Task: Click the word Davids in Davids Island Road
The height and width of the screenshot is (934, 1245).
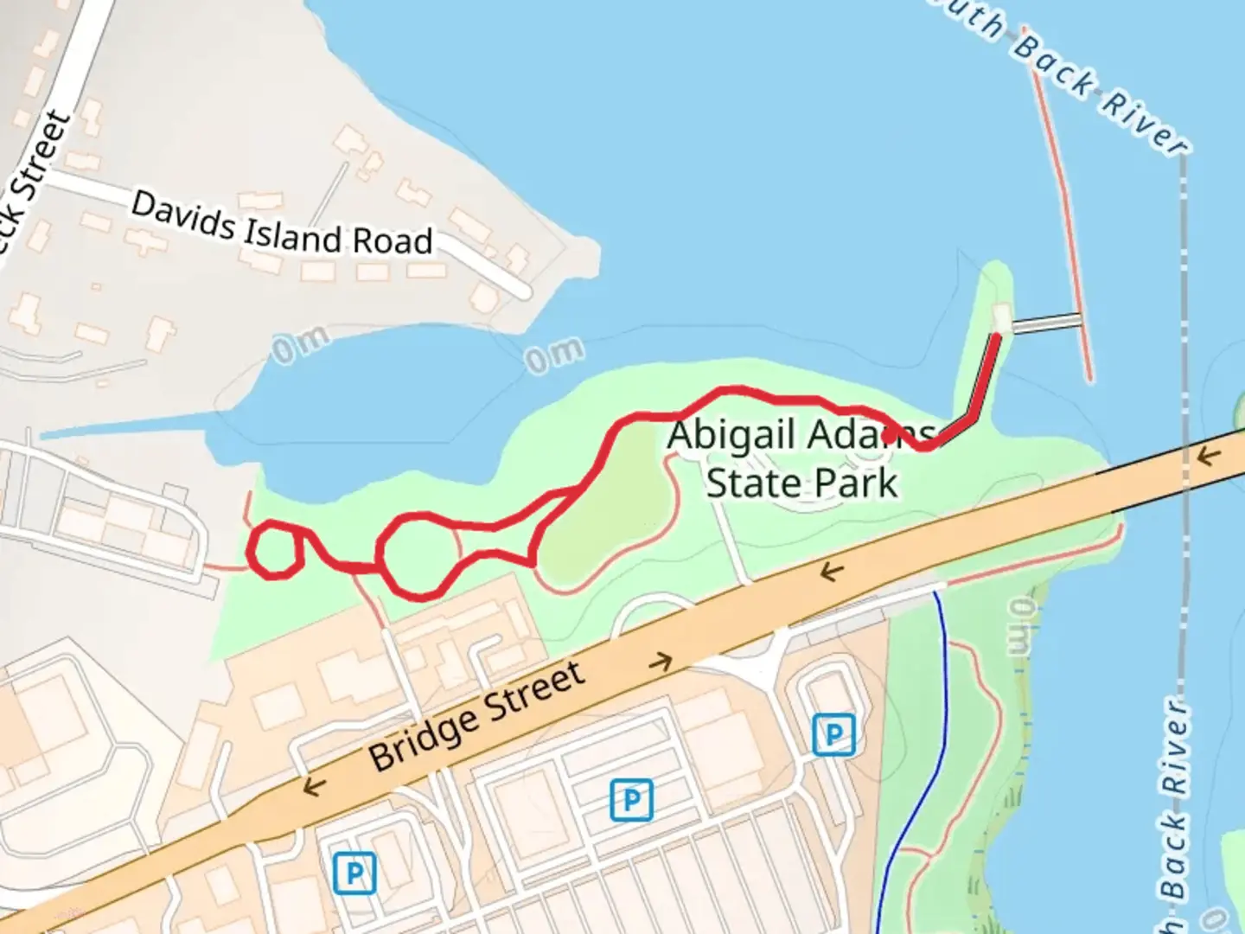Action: pos(182,217)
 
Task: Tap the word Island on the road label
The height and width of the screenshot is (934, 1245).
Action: pos(293,235)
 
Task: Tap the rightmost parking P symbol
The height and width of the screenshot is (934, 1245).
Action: pos(833,735)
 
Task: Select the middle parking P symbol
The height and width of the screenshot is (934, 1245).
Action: pos(631,799)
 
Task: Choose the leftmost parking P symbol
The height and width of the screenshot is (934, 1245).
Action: pos(354,873)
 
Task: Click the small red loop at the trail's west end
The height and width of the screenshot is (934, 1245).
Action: pos(275,549)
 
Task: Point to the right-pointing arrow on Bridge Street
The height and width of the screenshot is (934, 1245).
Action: pos(661,662)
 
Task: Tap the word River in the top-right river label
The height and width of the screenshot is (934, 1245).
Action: pos(1144,125)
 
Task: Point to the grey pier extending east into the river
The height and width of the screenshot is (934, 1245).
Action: pos(1046,323)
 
